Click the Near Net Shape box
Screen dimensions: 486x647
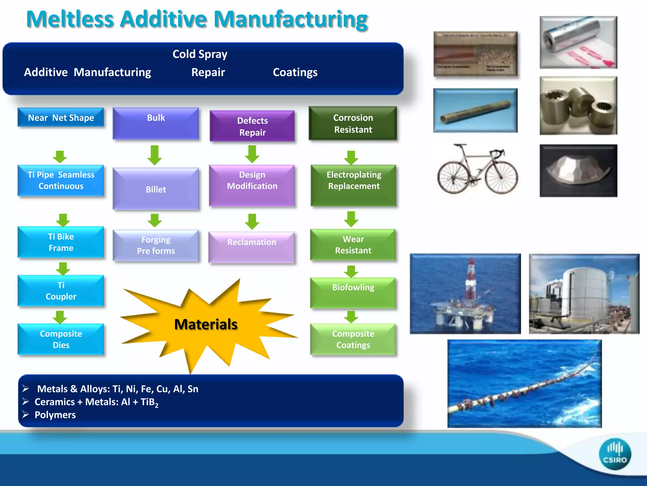[61, 118]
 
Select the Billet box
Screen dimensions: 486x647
[156, 189]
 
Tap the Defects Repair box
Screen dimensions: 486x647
[252, 126]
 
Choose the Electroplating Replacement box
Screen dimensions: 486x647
[354, 185]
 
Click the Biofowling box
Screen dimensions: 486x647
[353, 292]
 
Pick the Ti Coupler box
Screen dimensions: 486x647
[61, 291]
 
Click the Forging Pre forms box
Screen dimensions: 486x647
[156, 245]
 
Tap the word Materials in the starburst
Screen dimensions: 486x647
[206, 325]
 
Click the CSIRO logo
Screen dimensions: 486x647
[614, 454]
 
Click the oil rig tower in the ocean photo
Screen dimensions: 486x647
[471, 278]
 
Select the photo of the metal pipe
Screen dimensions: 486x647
[475, 111]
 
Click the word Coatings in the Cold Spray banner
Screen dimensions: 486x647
[295, 72]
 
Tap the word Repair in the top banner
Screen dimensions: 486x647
[208, 72]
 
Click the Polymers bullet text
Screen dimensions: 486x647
[55, 415]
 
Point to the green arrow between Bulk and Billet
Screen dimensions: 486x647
[154, 155]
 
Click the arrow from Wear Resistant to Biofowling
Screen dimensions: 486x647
[351, 271]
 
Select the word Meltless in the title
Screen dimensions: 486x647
[70, 20]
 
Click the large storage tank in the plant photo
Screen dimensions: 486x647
[588, 294]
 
